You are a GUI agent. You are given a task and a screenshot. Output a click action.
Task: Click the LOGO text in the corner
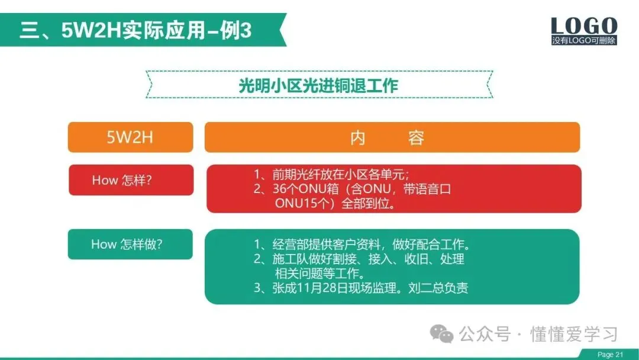point(584,25)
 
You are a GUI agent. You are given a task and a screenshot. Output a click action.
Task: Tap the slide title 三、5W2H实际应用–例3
point(135,30)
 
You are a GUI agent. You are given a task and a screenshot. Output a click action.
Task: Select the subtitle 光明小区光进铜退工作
point(318,85)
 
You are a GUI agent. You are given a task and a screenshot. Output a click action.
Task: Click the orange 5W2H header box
point(130,137)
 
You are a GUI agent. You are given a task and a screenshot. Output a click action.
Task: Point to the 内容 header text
point(387,138)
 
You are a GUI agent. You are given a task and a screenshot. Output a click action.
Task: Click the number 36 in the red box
point(280,189)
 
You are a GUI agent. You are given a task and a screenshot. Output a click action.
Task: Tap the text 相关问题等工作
point(320,273)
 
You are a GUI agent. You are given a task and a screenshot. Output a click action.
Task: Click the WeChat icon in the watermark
point(442,334)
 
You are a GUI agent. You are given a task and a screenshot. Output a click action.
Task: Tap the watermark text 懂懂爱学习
point(574,335)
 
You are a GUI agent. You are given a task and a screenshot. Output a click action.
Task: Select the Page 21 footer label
point(610,355)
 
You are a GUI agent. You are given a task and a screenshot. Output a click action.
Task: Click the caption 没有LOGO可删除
point(584,40)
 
